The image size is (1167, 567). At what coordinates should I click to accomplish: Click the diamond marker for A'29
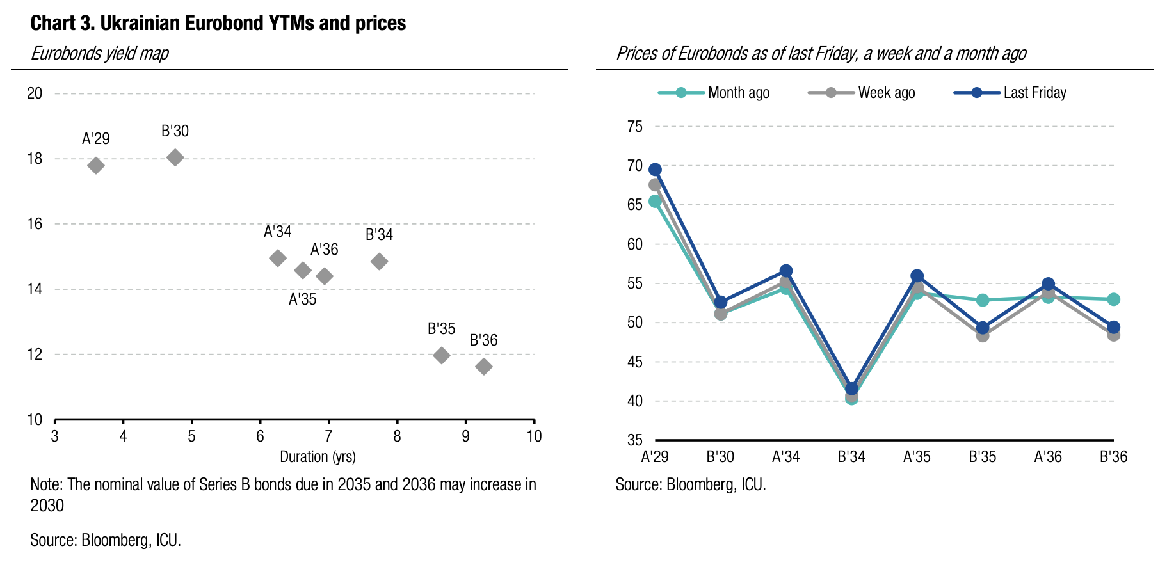[96, 166]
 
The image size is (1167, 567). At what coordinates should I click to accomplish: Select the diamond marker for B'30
[175, 157]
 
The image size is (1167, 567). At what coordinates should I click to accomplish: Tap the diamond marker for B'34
[379, 261]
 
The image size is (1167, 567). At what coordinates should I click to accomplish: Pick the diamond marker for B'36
[484, 367]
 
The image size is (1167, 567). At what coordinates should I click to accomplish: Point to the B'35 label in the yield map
[441, 329]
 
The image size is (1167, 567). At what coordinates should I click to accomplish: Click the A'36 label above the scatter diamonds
[324, 250]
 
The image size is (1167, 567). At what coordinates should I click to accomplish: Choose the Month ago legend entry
[714, 93]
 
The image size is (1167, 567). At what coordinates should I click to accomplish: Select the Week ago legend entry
[862, 93]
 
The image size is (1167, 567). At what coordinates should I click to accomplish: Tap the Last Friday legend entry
[1010, 93]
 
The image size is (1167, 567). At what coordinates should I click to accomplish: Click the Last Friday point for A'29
[655, 170]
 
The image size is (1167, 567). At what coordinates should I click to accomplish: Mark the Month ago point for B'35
[983, 300]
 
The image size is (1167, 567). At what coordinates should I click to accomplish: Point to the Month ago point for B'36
[1113, 299]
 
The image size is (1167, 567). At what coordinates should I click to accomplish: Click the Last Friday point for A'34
[786, 271]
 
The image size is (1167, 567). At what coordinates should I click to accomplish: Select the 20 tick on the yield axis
[35, 93]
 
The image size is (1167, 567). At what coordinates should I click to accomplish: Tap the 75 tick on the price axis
[634, 127]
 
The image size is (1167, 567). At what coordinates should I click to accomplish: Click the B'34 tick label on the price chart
[851, 457]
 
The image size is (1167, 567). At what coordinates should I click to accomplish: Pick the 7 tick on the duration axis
[328, 436]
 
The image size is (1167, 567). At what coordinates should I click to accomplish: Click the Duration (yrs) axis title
[318, 457]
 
